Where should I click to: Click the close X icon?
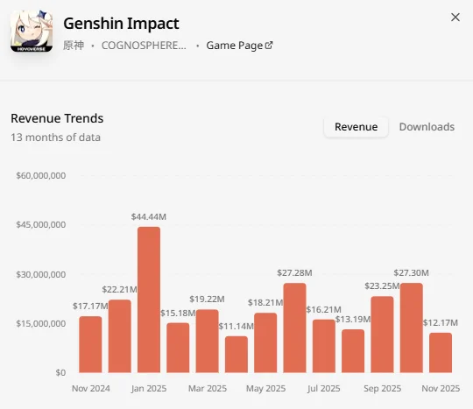(x=455, y=18)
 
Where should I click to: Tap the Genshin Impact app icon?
(x=32, y=32)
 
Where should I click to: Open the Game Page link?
(x=239, y=46)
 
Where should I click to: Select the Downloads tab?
(x=427, y=127)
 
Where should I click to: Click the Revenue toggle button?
(x=356, y=127)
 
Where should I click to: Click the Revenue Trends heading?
(x=57, y=118)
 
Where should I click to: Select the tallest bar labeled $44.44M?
(x=149, y=300)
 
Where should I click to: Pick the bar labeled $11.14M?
(x=236, y=355)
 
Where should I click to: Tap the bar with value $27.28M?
(x=294, y=328)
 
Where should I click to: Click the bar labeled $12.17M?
(x=441, y=353)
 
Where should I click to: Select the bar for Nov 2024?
(x=90, y=344)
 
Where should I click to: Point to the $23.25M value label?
(x=382, y=286)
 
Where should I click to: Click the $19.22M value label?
(x=207, y=300)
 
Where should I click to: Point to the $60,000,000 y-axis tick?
(x=41, y=175)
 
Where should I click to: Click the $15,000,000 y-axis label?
(x=41, y=324)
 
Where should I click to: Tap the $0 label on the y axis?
(x=60, y=373)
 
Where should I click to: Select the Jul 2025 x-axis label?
(x=324, y=389)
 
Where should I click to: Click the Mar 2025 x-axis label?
(x=208, y=389)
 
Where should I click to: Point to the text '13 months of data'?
(x=56, y=138)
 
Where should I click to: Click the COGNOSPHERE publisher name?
(x=144, y=46)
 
